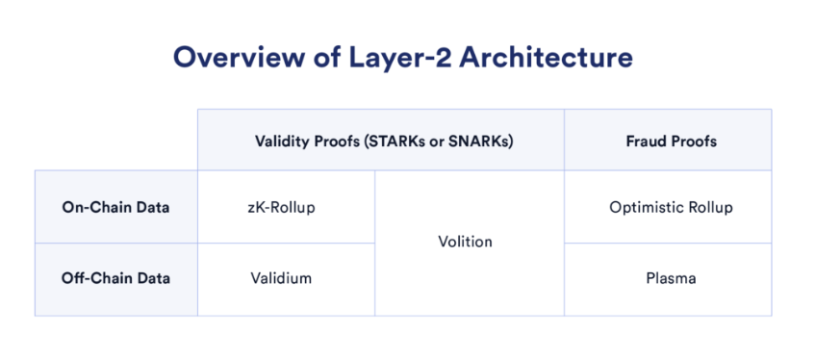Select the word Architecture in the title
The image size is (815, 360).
(547, 59)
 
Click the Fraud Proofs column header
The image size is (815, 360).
(671, 141)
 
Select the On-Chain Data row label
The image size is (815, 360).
(115, 207)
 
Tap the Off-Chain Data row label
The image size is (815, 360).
(115, 278)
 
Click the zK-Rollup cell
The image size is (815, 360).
(282, 207)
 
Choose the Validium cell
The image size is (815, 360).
(281, 278)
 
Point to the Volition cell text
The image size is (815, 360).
(465, 242)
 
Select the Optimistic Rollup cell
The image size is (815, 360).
(671, 207)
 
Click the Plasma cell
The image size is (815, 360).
(671, 278)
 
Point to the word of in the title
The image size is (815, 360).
(318, 59)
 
